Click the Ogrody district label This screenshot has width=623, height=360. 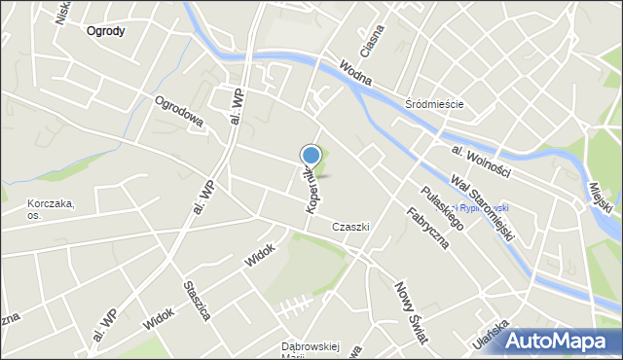point(105,31)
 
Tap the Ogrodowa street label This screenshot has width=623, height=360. point(178,111)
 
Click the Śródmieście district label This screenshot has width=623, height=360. point(433,104)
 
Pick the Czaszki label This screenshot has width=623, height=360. point(348,227)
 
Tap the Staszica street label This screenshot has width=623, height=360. point(198,301)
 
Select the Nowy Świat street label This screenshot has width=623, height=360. point(411,312)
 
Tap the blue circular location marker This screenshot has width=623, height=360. point(311,154)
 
